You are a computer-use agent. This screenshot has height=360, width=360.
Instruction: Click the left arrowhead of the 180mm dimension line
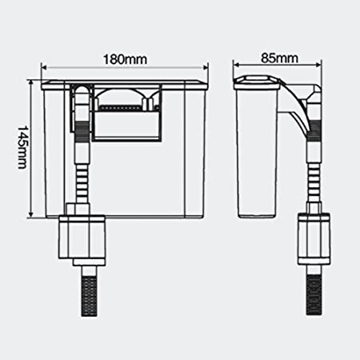pyautogui.click(x=46, y=71)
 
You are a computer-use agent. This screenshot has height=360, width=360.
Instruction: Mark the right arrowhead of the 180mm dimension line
pyautogui.click(x=210, y=71)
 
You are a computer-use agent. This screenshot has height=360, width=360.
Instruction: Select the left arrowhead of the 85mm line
pyautogui.click(x=237, y=71)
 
